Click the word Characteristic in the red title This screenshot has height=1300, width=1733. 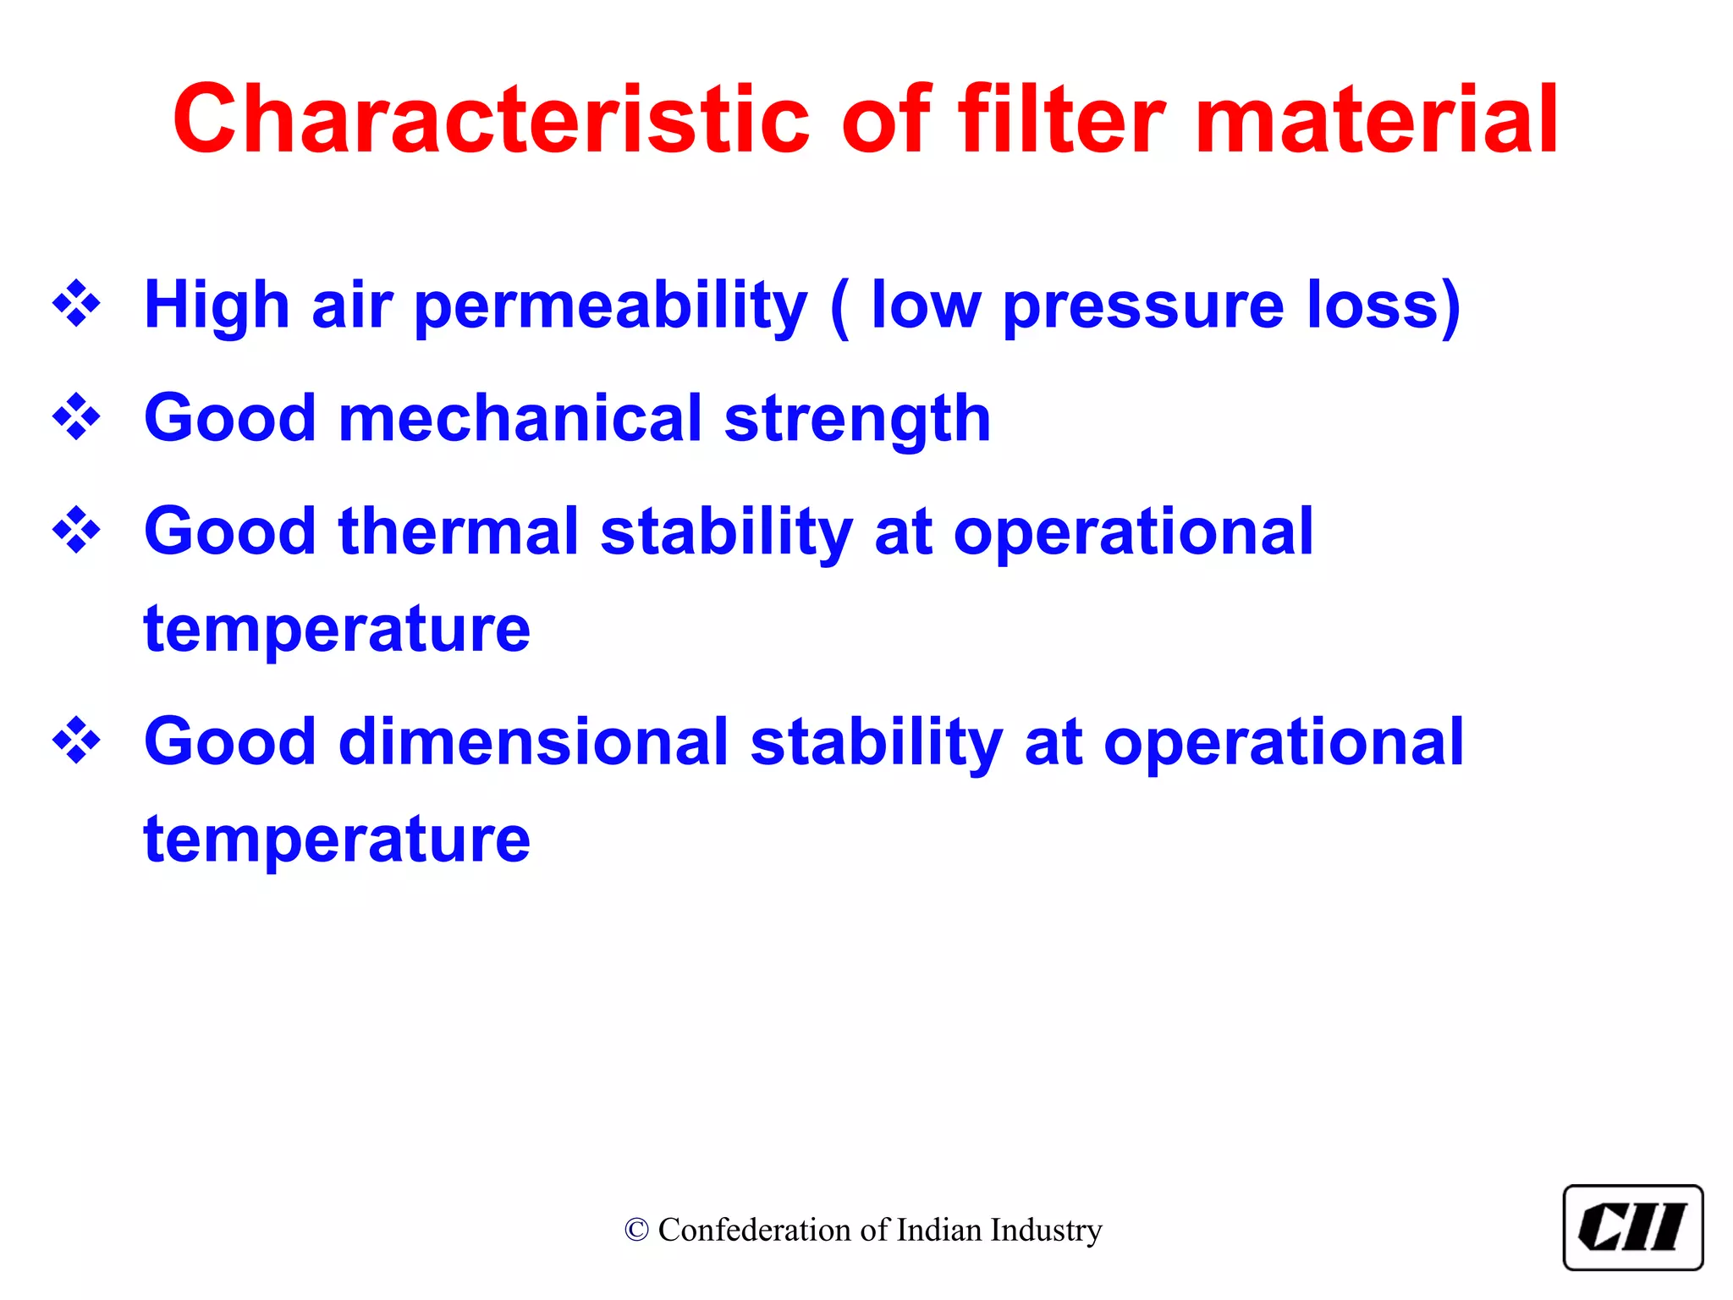point(491,119)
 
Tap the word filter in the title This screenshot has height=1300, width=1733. point(1062,119)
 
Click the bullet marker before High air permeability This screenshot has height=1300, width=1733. point(76,303)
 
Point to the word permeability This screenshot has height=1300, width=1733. point(611,306)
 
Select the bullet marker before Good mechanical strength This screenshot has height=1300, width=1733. point(76,416)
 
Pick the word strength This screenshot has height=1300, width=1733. point(857,421)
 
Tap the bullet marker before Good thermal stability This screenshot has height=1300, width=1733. point(76,530)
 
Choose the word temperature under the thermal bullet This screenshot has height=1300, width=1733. point(337,631)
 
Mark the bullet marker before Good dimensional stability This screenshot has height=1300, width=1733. point(76,740)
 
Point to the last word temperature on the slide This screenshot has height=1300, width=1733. point(337,840)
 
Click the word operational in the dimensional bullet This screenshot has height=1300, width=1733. point(1283,743)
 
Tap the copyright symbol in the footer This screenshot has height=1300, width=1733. point(636,1230)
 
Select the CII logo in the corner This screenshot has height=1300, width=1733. point(1632,1227)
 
